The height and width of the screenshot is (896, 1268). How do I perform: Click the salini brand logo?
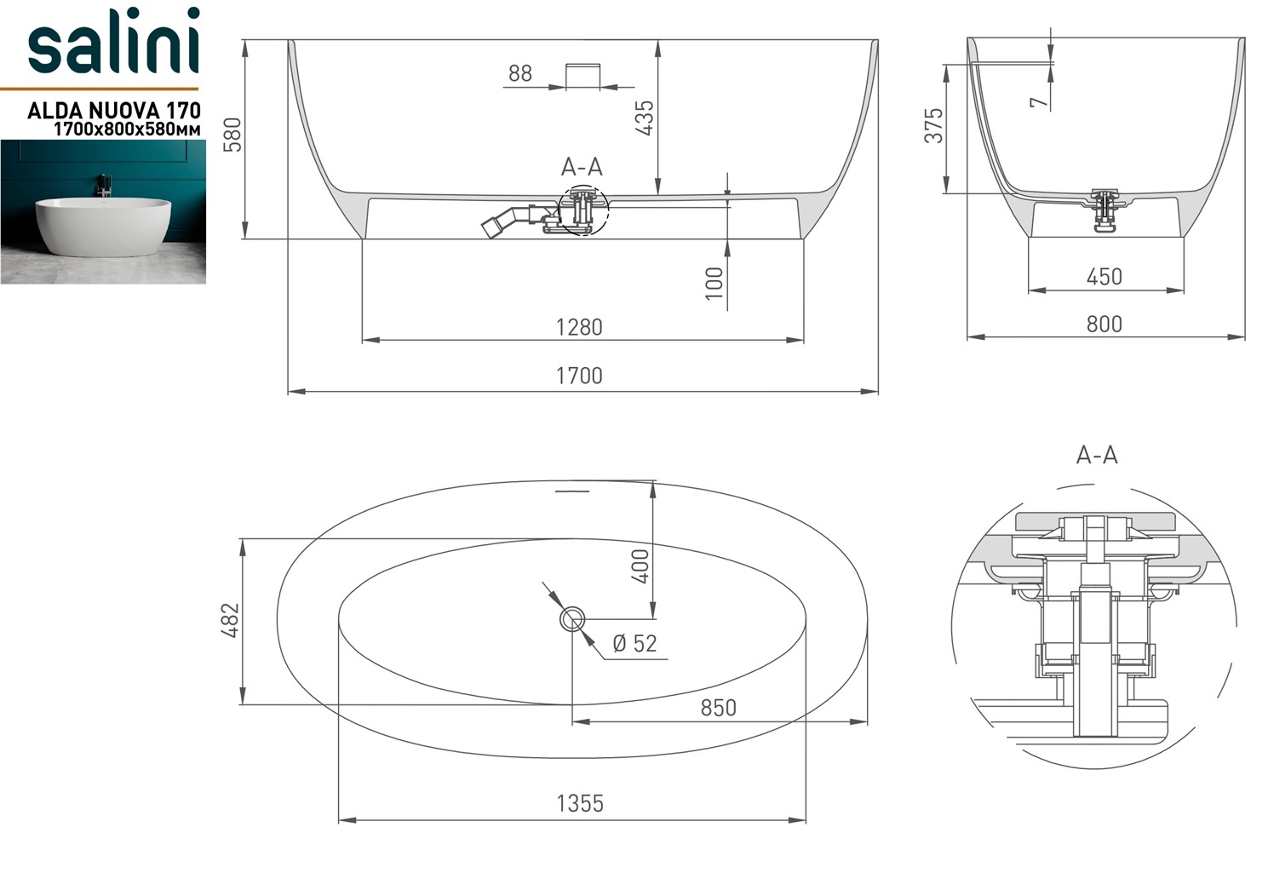tap(113, 42)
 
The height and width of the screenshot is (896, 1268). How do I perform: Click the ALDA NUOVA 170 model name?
tap(114, 110)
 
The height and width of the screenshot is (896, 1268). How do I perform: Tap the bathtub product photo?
tap(103, 212)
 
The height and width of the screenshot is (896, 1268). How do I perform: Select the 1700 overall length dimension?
tap(580, 376)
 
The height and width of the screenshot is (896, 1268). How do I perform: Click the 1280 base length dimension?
tap(580, 327)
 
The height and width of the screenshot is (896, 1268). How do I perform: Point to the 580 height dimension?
tap(232, 135)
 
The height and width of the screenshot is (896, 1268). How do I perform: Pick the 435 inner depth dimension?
tap(645, 118)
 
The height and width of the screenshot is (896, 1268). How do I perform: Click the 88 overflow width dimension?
tap(520, 73)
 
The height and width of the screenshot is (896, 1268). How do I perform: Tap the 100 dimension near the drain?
tap(715, 283)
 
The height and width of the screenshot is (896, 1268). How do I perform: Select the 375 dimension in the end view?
tap(934, 125)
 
